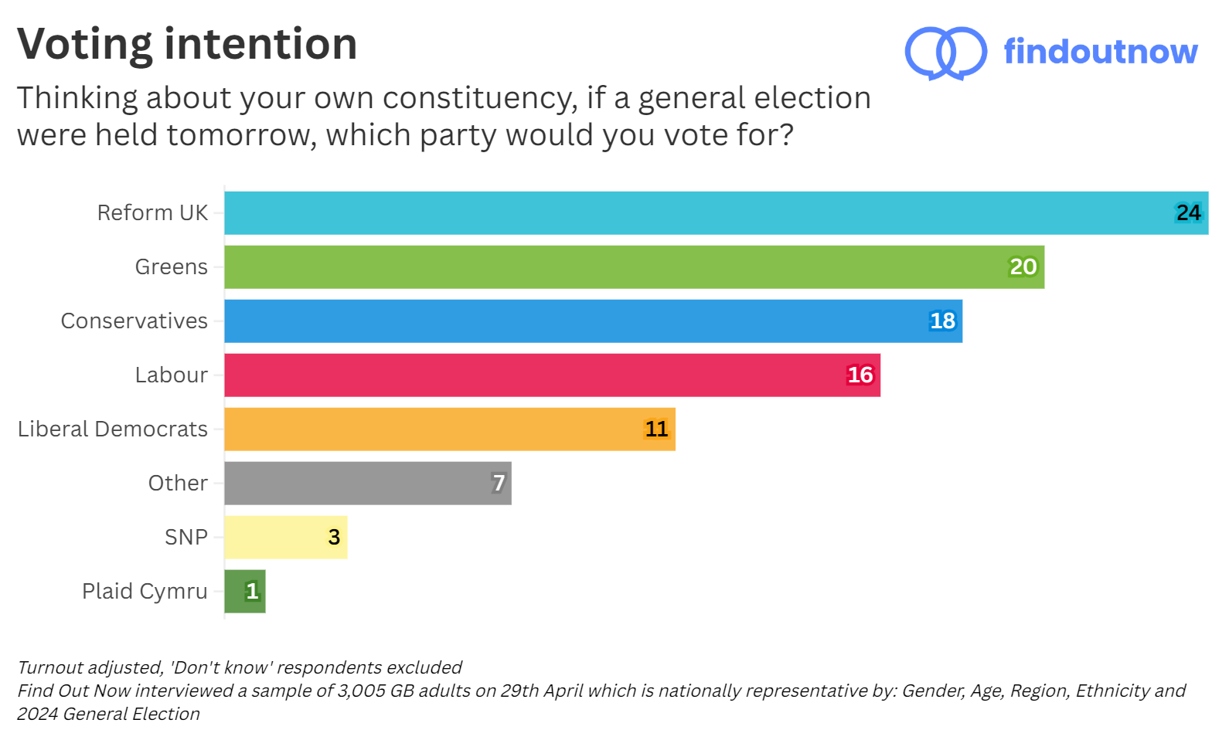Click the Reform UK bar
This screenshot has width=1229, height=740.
click(696, 213)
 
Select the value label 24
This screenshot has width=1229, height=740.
click(1188, 213)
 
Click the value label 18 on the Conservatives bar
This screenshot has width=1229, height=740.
click(942, 321)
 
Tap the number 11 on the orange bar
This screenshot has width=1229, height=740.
click(656, 429)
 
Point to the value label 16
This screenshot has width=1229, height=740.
click(860, 375)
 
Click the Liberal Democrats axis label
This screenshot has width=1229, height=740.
click(113, 429)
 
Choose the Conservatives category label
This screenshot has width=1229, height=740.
click(134, 321)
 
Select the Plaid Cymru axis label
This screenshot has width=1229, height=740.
click(145, 592)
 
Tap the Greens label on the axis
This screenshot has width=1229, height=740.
click(171, 267)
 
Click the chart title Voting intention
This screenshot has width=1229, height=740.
click(187, 44)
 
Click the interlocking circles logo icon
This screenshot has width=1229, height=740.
click(945, 53)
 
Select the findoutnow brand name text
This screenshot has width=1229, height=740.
click(1100, 52)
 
